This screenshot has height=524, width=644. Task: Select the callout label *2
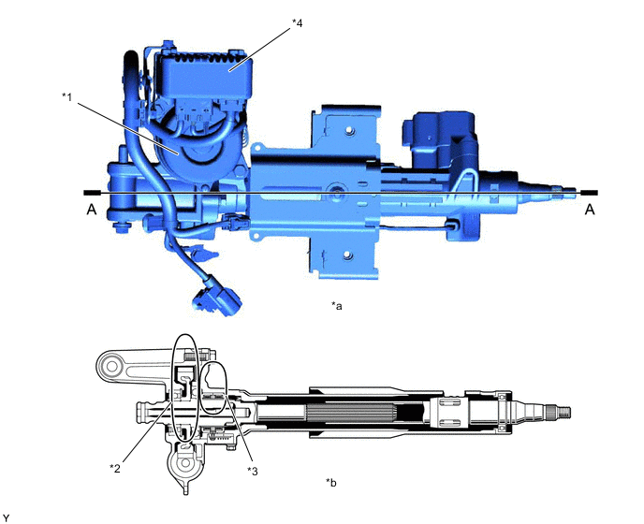pos(115,466)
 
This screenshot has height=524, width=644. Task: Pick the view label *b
pos(331,482)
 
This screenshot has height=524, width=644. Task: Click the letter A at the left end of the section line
pos(91,211)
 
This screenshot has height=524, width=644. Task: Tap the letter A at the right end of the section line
pos(590,211)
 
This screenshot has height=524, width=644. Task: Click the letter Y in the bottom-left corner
pos(7,517)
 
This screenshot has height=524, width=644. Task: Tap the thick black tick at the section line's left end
pos(84,192)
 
